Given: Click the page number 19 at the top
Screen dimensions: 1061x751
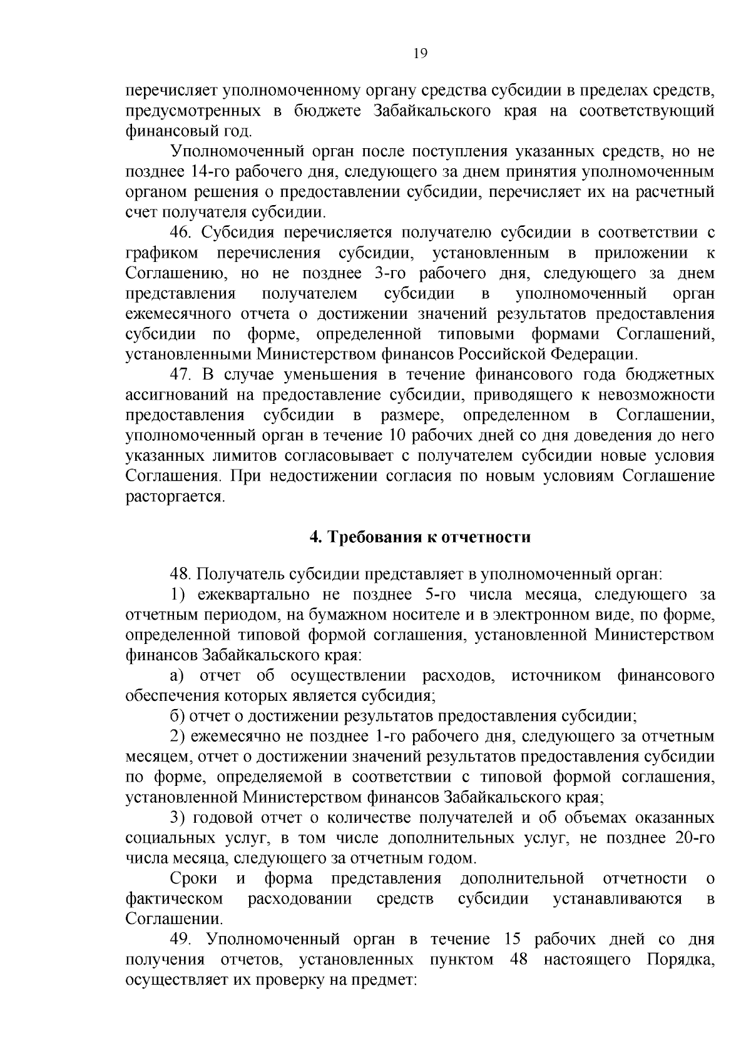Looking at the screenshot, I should click(420, 54).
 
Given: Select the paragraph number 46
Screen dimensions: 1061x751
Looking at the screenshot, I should click(181, 233).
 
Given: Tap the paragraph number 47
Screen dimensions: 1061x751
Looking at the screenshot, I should click(181, 375).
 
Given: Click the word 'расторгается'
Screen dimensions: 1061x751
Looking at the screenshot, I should click(175, 496).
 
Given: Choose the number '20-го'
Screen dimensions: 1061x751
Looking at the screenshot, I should click(691, 838).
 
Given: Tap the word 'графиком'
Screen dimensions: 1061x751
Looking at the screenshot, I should click(162, 254).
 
